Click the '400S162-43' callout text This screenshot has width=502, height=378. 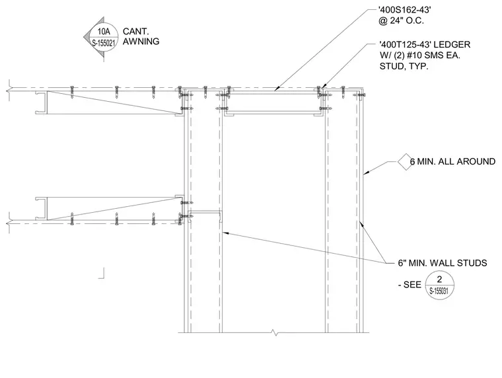(405, 10)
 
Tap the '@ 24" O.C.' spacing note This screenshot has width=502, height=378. (401, 21)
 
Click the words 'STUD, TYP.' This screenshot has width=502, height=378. (404, 66)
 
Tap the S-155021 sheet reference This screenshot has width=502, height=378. (104, 43)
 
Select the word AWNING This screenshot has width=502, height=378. (141, 42)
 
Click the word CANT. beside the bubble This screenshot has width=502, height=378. (136, 32)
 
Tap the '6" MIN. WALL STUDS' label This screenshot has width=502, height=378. (443, 263)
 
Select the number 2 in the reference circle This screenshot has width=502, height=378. (439, 280)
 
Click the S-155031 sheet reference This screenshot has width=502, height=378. (439, 291)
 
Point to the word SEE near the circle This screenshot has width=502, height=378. (412, 284)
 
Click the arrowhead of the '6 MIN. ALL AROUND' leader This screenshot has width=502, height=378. (366, 173)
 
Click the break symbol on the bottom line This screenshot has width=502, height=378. (273, 332)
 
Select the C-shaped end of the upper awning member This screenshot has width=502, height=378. (42, 102)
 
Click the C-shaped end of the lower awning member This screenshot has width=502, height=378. (42, 209)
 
